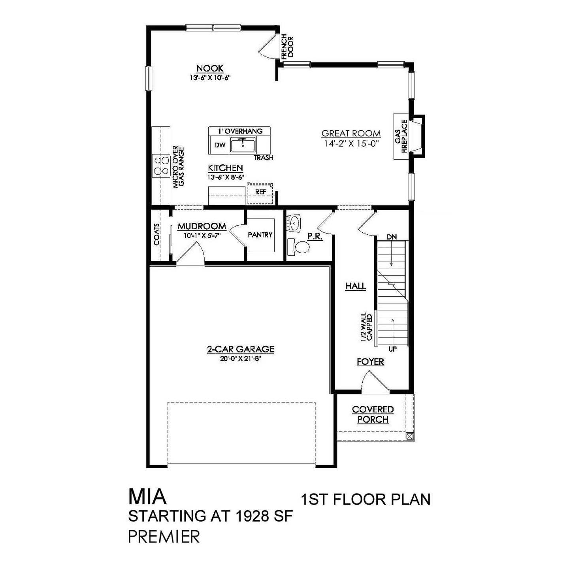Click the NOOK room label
[210, 68]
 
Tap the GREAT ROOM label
[351, 134]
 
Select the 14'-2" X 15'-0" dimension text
[351, 144]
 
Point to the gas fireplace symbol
[416, 137]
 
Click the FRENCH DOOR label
[287, 46]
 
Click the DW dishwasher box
[220, 145]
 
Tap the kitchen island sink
[243, 145]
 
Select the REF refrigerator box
[260, 192]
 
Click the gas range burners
[161, 166]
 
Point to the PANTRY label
[260, 235]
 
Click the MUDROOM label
[202, 226]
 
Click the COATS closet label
[157, 234]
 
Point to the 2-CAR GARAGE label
[240, 349]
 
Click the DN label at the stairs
[392, 237]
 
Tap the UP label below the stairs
[392, 349]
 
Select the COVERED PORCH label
[373, 415]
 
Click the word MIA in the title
[147, 497]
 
